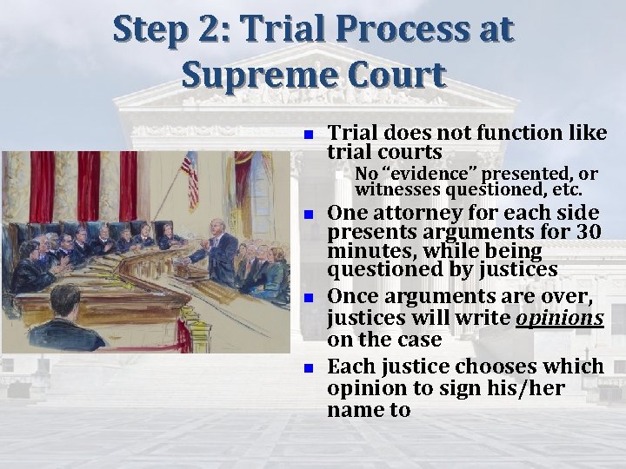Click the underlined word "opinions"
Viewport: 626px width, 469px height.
tap(560, 318)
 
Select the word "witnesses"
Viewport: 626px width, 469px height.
tap(397, 188)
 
